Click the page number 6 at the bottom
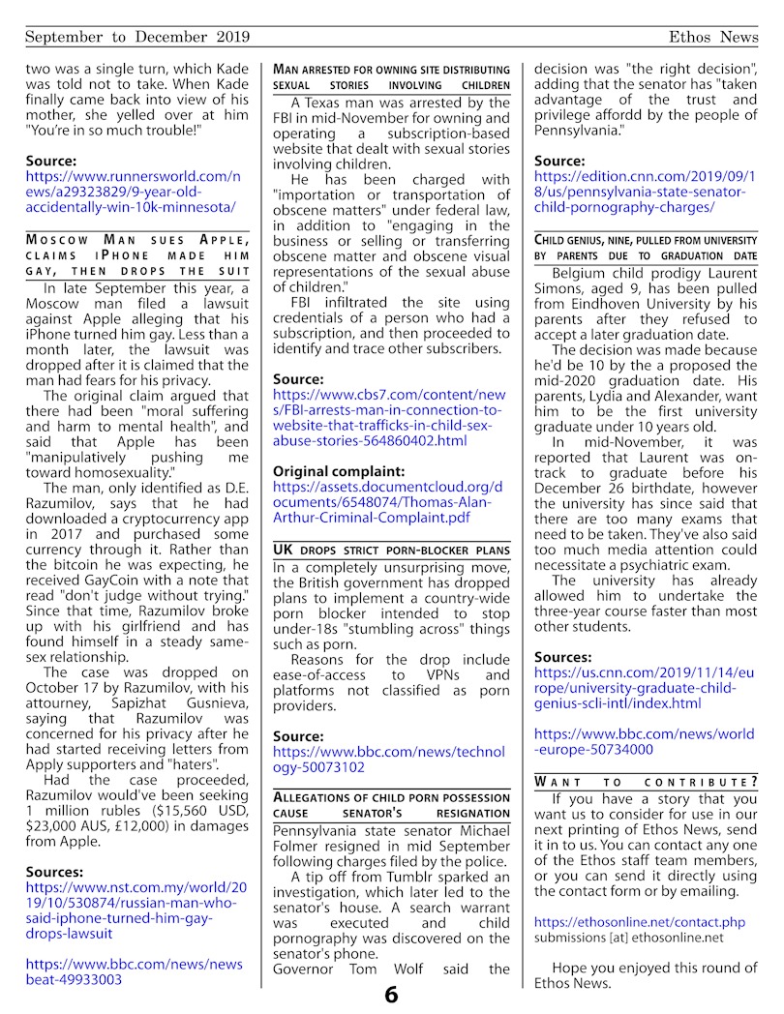coord(391,995)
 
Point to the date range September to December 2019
coord(137,37)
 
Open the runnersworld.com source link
coord(132,192)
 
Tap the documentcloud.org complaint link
coord(387,502)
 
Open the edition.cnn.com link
coord(646,192)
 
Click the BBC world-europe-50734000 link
coord(646,740)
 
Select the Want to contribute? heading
coord(646,781)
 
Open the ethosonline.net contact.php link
coord(639,923)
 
